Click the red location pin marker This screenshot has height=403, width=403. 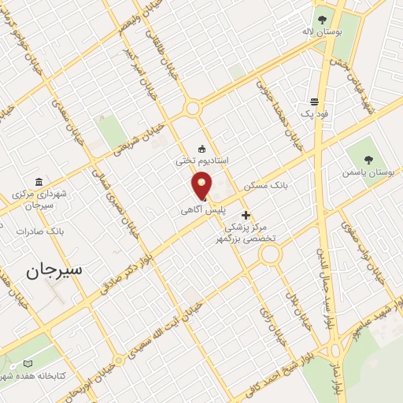tap(202, 186)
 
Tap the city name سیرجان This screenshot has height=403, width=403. tap(54, 271)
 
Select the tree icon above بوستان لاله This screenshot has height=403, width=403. tap(321, 20)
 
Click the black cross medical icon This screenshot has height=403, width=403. tap(246, 214)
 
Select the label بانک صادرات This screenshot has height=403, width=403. tap(44, 231)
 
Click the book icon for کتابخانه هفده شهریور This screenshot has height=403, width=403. tap(28, 364)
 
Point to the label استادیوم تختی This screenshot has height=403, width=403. tap(202, 160)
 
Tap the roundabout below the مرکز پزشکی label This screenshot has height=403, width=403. tap(271, 254)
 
